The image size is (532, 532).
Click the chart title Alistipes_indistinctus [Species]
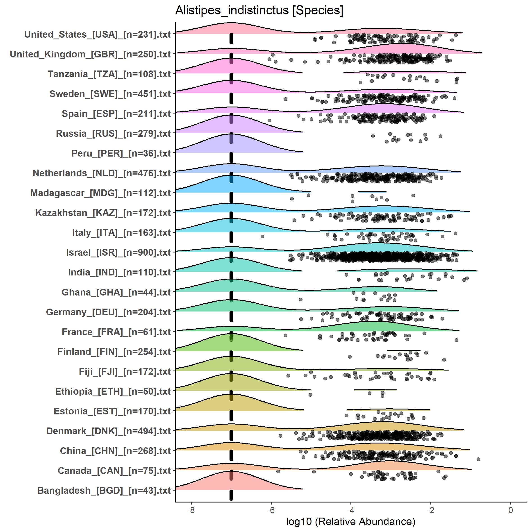pos(259,11)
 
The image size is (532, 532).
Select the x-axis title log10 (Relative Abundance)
pos(350,521)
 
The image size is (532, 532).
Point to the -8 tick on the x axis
pos(191,510)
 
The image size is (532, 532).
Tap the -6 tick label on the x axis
pos(271,510)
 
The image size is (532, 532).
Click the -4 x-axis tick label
pos(350,510)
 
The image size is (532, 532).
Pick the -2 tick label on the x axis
pos(430,510)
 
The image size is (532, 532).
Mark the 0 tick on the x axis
pos(511,510)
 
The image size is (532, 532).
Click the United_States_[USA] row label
pos(98,34)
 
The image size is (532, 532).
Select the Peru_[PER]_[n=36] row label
pos(121,153)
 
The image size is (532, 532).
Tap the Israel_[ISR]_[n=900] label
pos(118,252)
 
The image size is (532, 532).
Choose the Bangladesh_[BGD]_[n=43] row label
pos(104,490)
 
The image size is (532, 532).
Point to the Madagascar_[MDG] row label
pos(100,193)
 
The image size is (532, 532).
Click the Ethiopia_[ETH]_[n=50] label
pos(113,391)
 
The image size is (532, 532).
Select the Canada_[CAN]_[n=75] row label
pos(114,471)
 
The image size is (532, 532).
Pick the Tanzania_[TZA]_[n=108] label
pos(109,74)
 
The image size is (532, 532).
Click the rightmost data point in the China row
pos(478,459)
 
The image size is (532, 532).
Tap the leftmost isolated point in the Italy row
pos(262,236)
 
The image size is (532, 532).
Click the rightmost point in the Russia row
pos(440,136)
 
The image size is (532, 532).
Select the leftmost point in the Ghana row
pos(301,299)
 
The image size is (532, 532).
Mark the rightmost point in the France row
pos(457,340)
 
